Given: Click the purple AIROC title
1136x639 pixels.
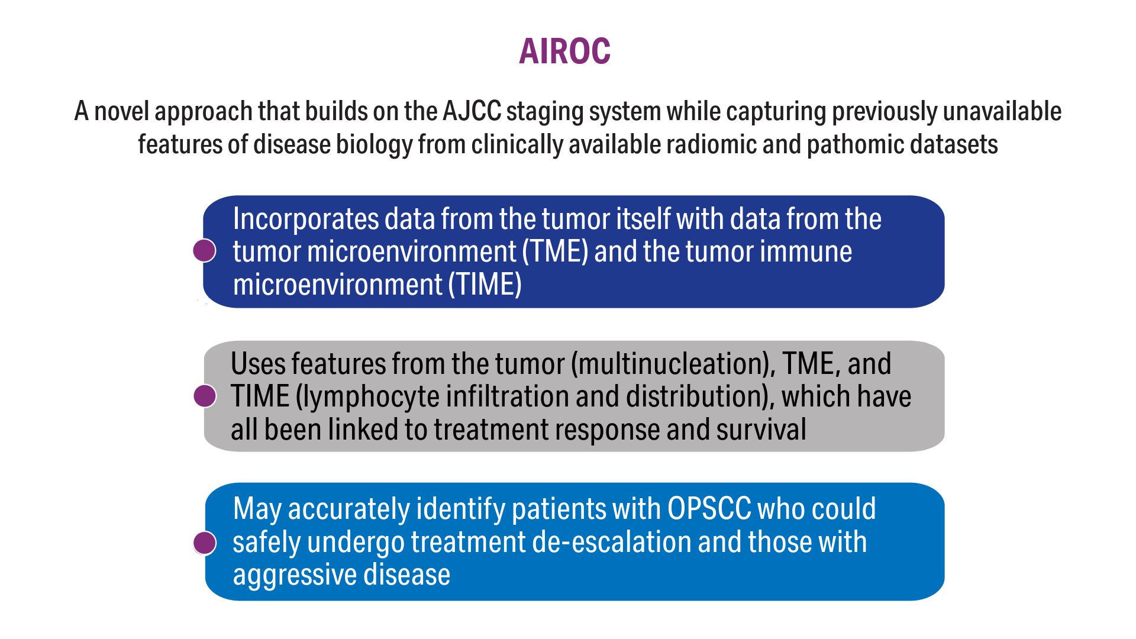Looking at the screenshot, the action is [564, 51].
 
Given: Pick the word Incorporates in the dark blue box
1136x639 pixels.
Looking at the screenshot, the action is [306, 220].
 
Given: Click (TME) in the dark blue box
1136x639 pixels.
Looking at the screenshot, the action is [555, 252].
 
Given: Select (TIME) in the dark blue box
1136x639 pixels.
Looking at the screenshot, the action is [485, 285].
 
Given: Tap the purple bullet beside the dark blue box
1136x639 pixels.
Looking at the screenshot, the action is [205, 250].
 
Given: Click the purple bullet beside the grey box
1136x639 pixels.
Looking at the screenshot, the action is [205, 396].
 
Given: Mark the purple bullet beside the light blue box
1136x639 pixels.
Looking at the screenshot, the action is [205, 543].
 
